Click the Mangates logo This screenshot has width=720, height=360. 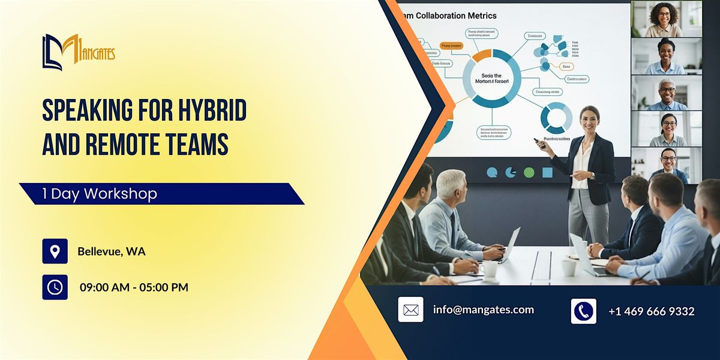point(78,52)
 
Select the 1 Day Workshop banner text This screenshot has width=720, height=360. point(100,194)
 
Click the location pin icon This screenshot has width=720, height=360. point(55,251)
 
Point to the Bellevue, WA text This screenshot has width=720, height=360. point(112,251)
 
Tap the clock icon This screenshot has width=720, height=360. point(55,287)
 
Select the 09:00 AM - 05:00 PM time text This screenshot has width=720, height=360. point(134,287)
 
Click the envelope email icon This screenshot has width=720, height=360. point(410,310)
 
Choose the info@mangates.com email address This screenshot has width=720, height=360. point(483,310)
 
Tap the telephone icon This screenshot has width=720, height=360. point(583,311)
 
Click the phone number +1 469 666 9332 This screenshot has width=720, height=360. point(651,311)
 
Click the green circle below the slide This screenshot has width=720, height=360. point(529,173)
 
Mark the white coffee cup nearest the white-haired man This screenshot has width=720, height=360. point(490,269)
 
